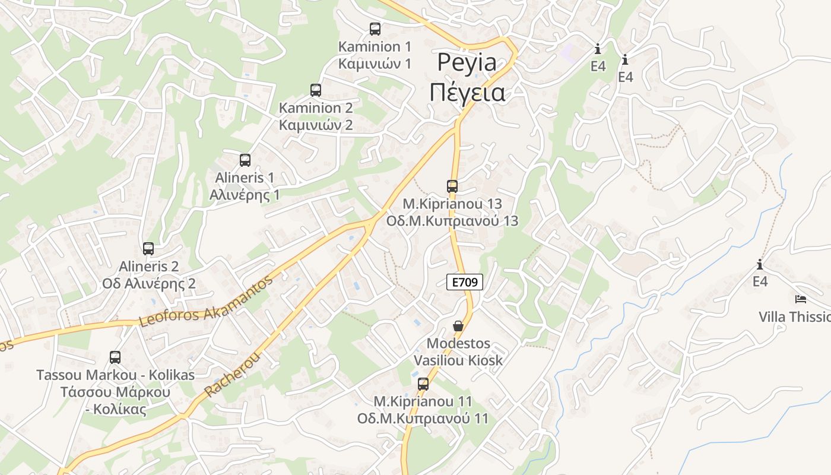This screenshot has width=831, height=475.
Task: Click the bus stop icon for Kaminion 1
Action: [x=375, y=28]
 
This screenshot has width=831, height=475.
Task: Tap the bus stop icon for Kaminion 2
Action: [x=316, y=90]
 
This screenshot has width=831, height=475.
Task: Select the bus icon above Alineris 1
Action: [x=245, y=160]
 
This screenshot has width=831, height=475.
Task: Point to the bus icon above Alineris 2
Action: [x=148, y=249]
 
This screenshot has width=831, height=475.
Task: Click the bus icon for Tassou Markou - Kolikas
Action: [x=115, y=357]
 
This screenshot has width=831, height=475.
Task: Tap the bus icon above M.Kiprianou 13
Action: [x=452, y=186]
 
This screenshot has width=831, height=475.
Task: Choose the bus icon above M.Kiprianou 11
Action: [x=423, y=384]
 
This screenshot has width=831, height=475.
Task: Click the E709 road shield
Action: [x=464, y=282]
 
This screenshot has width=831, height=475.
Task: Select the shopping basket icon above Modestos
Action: [x=458, y=326]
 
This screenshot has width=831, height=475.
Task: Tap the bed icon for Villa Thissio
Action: [x=801, y=299]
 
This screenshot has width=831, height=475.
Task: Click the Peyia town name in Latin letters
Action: [x=467, y=62]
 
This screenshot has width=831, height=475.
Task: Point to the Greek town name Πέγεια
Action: [x=467, y=93]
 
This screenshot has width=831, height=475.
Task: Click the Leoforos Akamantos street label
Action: [x=205, y=302]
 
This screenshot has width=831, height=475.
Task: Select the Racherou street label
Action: [x=233, y=374]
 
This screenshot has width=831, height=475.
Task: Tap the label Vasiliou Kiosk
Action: [x=458, y=360]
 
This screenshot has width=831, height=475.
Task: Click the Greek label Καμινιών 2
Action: [x=316, y=125]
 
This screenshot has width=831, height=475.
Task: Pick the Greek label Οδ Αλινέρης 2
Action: [x=148, y=283]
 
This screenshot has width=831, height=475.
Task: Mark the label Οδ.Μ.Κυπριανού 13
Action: [x=452, y=221]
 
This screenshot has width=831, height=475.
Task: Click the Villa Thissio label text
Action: [x=794, y=316]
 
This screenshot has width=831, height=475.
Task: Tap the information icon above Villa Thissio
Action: [x=759, y=264]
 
